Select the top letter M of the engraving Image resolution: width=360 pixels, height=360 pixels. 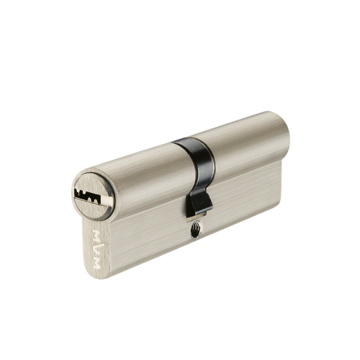pyautogui.click(x=96, y=235)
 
